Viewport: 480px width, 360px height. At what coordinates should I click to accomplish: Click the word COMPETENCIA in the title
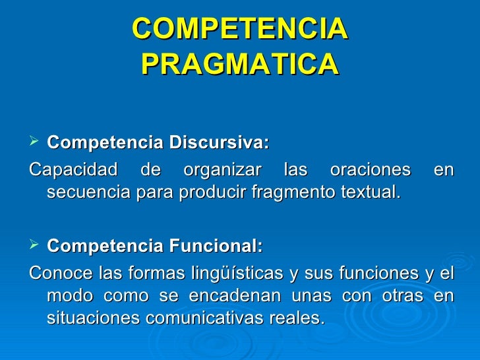239,28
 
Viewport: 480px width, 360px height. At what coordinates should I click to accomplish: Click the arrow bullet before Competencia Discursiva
35,142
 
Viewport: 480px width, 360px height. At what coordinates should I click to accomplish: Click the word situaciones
90,319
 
